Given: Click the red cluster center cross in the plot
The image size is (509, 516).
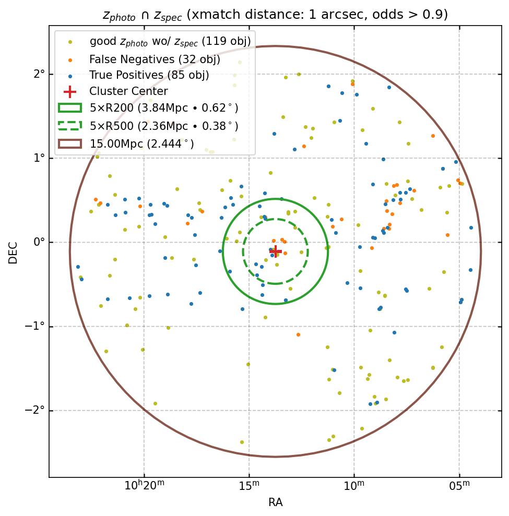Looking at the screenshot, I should (276, 251).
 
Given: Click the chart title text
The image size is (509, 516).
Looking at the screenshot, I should (275, 15).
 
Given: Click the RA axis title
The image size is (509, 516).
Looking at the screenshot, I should (276, 502).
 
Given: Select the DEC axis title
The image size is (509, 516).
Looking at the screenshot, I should (13, 252).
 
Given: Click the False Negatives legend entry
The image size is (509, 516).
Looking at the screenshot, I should (155, 59).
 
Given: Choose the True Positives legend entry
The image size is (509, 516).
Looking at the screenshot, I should (149, 75).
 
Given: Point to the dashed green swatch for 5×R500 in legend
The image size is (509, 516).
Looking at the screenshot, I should (69, 126).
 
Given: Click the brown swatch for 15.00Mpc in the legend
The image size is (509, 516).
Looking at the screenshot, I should (69, 143).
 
